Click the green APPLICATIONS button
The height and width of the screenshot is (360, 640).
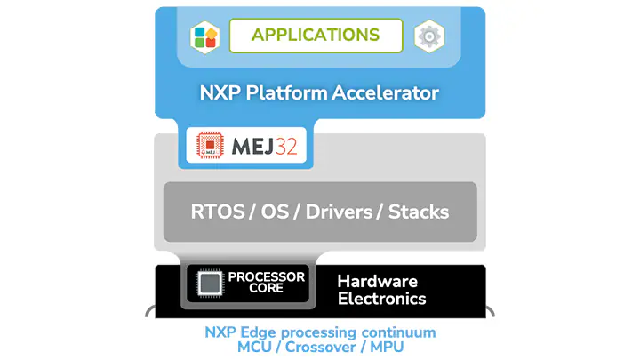coord(316,36)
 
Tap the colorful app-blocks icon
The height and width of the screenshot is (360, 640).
coord(205,36)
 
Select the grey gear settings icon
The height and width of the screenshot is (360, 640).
coord(429,36)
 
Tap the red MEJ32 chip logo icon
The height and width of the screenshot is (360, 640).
coord(210,146)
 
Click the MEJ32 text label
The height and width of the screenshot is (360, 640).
coord(264,146)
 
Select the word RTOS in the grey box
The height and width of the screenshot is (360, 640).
coord(217,212)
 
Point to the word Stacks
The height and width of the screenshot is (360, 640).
coord(419,212)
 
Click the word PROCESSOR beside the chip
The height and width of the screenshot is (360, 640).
coord(267,277)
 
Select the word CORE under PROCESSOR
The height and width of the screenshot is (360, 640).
coord(267,290)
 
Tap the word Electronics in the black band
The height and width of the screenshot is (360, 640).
coord(381,299)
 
